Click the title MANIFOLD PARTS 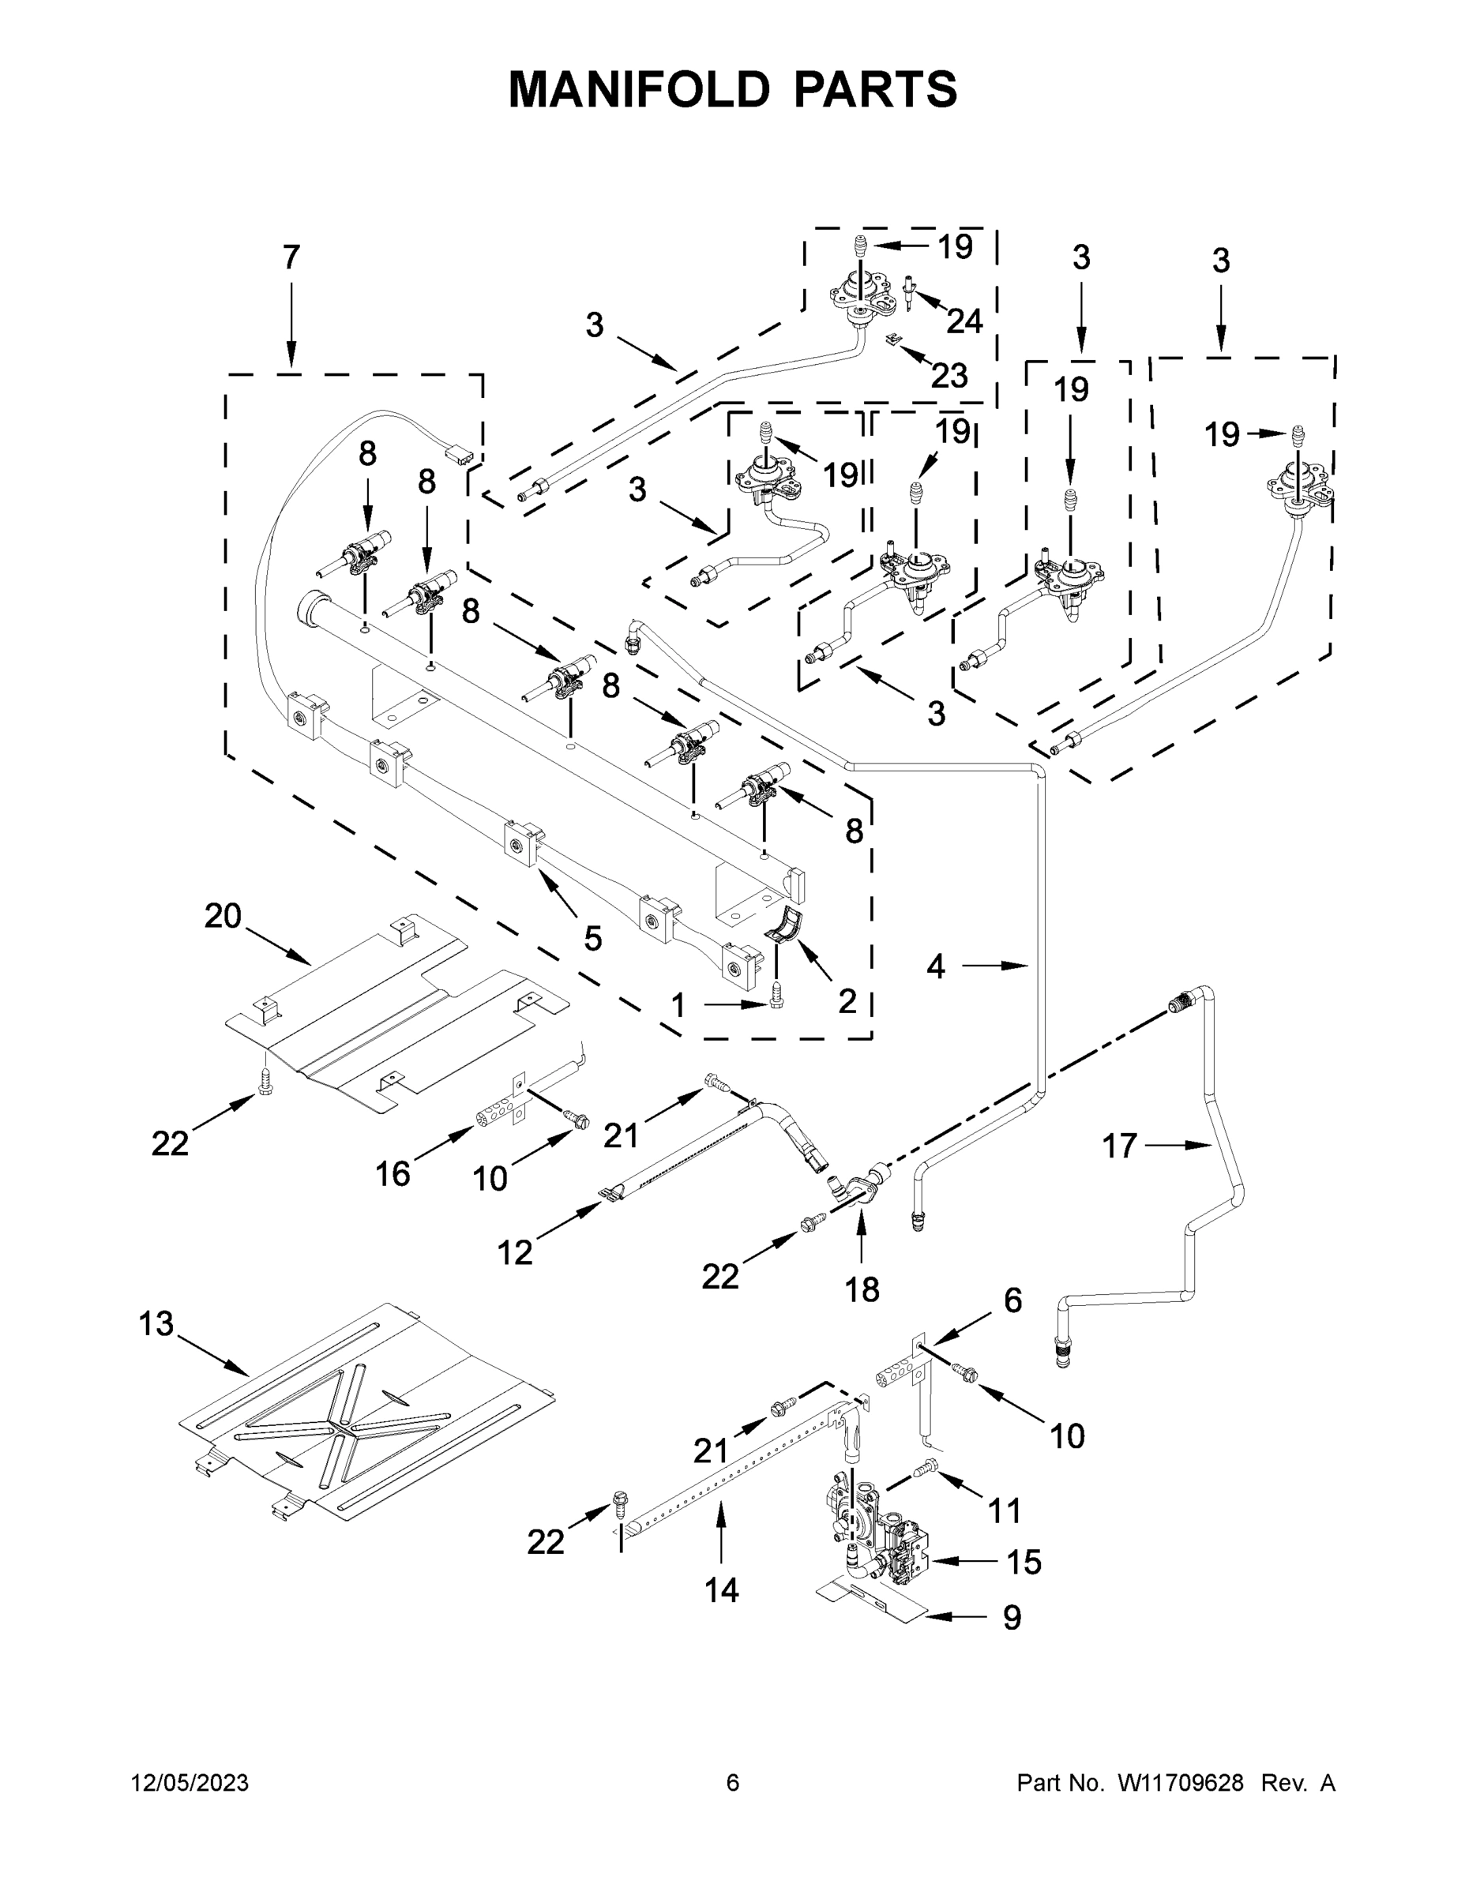(733, 89)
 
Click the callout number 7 (291, 257)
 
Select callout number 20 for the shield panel (222, 916)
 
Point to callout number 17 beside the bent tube (1120, 1146)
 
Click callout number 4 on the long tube (936, 966)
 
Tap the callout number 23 (948, 376)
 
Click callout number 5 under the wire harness (593, 938)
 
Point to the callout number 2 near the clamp (847, 1001)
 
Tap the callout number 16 (393, 1174)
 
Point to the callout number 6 (1012, 1300)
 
